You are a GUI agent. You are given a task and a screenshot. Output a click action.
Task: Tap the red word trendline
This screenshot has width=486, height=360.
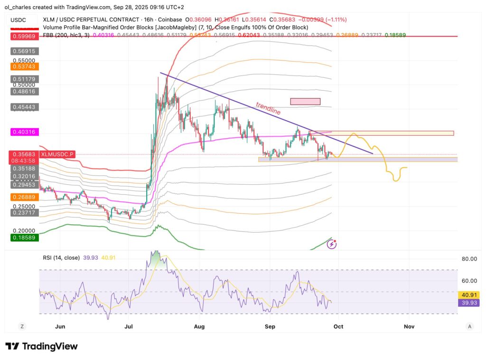pyautogui.click(x=268, y=109)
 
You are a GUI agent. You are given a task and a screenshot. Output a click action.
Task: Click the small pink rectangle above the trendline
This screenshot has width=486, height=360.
pyautogui.click(x=305, y=101)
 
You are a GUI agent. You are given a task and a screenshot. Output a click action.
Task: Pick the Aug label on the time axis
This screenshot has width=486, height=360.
pyautogui.click(x=199, y=327)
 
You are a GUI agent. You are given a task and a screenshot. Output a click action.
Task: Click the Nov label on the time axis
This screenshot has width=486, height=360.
pyautogui.click(x=409, y=327)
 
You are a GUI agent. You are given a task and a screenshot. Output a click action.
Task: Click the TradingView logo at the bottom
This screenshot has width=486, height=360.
pyautogui.click(x=41, y=346)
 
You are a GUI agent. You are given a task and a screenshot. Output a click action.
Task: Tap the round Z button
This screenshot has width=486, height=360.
pyautogui.click(x=22, y=326)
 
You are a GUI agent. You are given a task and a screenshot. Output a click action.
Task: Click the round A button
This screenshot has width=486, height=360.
pyautogui.click(x=469, y=326)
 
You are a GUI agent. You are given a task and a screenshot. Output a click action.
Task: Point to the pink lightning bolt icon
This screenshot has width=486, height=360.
pyautogui.click(x=332, y=244)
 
